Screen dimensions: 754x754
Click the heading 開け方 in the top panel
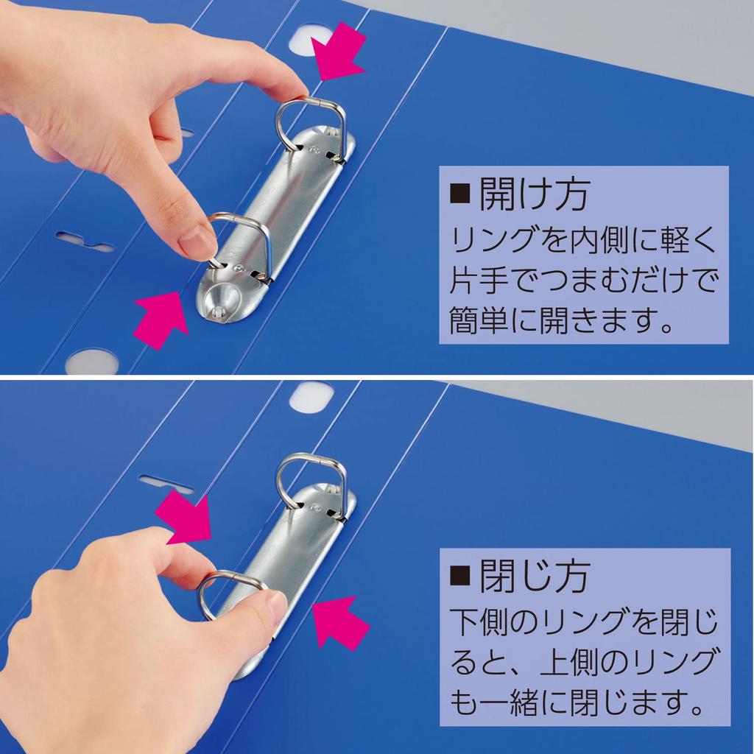tap(533, 195)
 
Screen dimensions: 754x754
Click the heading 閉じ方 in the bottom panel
tap(533, 576)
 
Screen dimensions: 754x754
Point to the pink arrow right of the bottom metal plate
tap(341, 622)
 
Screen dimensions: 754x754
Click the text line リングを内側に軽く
tap(582, 240)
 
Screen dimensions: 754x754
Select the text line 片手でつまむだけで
tap(582, 281)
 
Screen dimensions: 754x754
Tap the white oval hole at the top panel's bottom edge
tap(91, 362)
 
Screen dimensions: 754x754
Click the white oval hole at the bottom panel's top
tap(311, 396)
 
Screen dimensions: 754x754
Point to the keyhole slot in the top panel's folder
tap(85, 241)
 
